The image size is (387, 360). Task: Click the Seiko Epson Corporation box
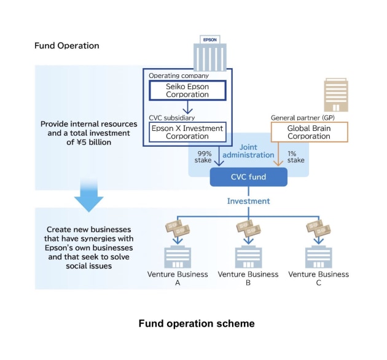tap(187, 90)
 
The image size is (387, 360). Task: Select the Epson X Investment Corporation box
tap(187, 132)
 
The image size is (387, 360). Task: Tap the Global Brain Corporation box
tap(309, 132)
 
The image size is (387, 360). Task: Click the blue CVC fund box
tap(248, 178)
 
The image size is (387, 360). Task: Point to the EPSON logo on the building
tap(209, 39)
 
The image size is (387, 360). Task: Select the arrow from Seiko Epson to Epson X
tap(187, 109)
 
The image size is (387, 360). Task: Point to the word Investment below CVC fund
tap(248, 201)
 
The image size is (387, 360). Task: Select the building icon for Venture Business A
tap(178, 257)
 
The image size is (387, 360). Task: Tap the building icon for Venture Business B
tap(248, 257)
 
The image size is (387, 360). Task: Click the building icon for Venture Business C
tap(318, 257)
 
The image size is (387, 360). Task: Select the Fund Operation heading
tap(67, 45)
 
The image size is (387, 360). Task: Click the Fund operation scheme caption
tap(196, 323)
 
